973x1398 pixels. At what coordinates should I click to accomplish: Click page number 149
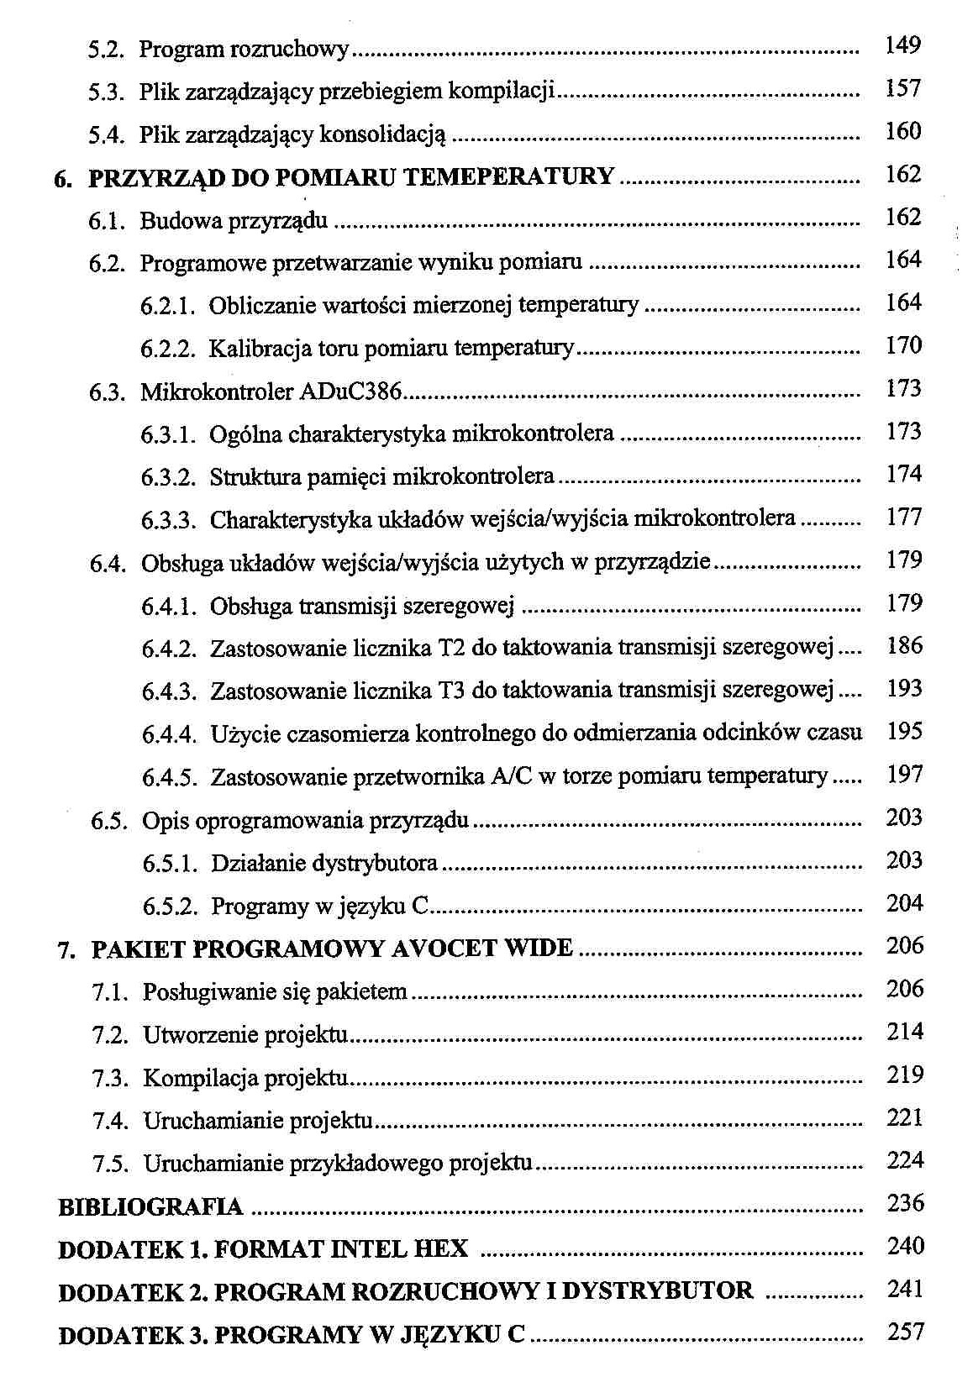tap(903, 45)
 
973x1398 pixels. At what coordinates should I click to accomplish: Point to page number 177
tap(904, 517)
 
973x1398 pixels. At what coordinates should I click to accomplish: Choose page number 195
tap(904, 731)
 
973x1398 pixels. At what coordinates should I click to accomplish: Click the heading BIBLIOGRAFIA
tap(150, 1208)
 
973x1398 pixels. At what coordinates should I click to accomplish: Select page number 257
tap(905, 1332)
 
